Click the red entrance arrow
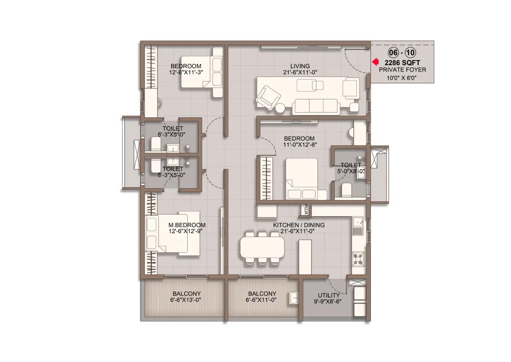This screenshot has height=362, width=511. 375,62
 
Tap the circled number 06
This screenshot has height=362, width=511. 393,53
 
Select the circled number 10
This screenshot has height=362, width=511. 411,53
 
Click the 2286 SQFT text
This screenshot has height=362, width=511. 402,63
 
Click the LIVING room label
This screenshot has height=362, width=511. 300,66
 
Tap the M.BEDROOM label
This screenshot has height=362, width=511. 187,225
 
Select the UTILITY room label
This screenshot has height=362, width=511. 329,295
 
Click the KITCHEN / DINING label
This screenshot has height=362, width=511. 299,225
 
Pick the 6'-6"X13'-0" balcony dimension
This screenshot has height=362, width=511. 186,300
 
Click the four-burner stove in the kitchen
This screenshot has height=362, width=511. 358,259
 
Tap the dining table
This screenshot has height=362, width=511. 262,248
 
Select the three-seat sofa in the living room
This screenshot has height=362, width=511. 316,107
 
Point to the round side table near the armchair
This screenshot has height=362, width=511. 280,108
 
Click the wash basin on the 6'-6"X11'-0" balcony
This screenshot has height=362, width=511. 294,298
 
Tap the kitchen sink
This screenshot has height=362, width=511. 358,222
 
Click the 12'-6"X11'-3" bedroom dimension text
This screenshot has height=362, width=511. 186,72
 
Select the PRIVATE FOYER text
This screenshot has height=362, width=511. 402,70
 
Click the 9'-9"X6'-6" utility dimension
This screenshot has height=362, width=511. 327,302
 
